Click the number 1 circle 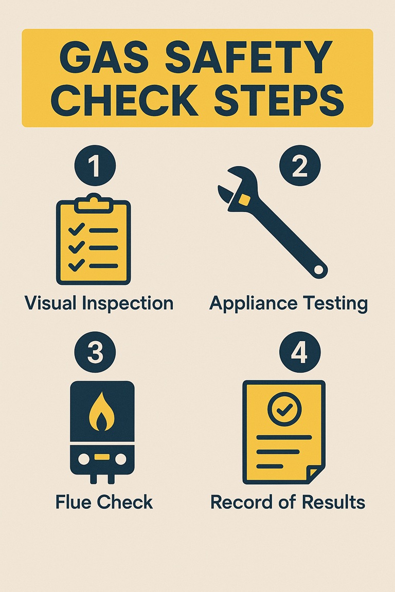pos(95,166)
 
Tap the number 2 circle pos(300,166)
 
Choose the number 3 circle pos(95,353)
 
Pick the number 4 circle pos(300,353)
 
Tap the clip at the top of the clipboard pos(94,203)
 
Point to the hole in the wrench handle pos(319,269)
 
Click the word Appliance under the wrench pos(255,304)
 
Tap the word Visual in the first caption pos(47,304)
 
